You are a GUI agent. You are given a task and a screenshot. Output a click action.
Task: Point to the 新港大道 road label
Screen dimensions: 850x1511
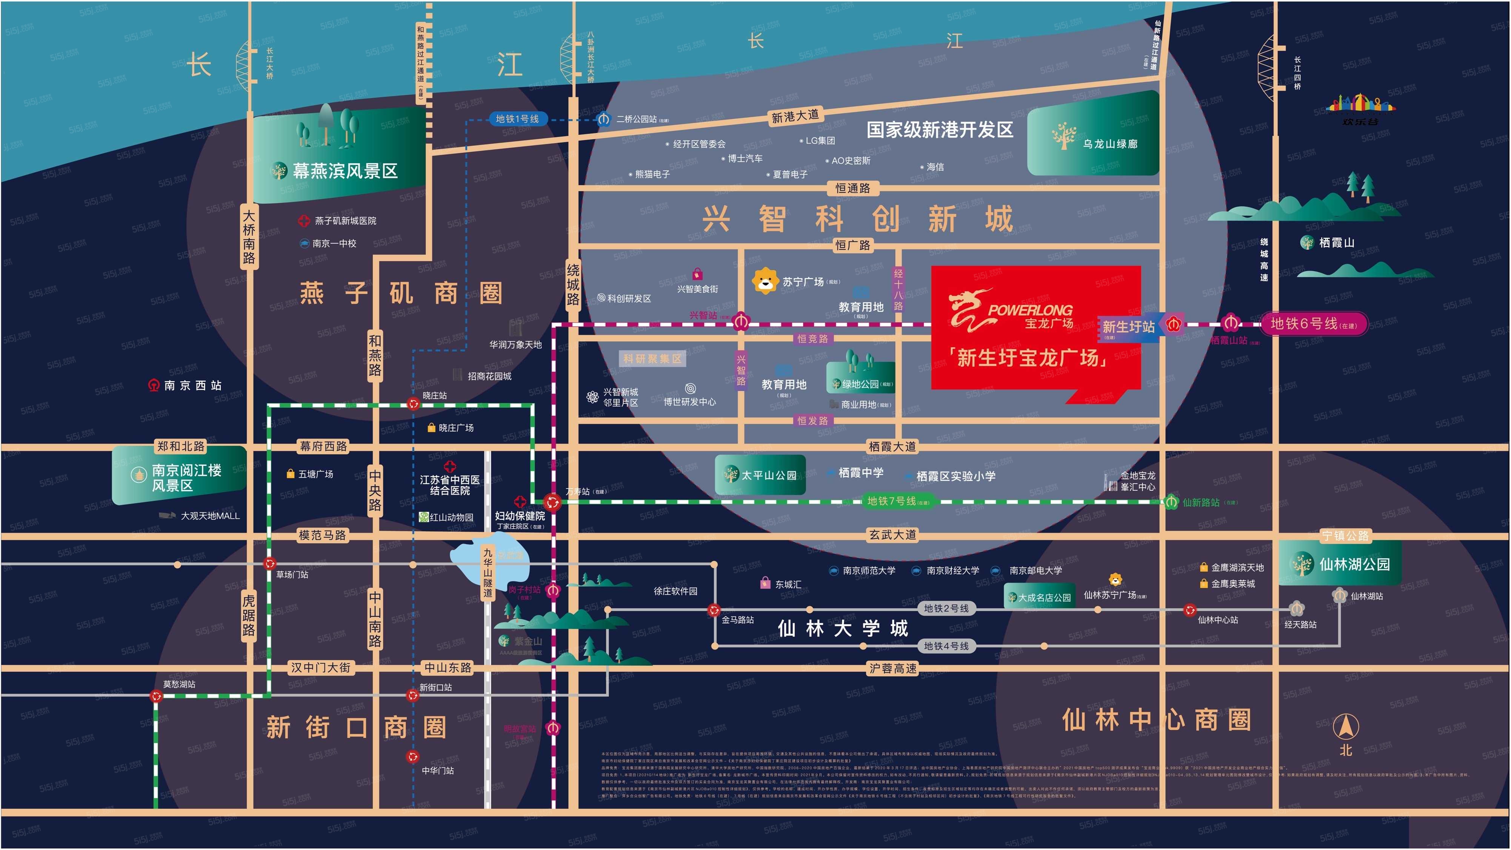(795, 116)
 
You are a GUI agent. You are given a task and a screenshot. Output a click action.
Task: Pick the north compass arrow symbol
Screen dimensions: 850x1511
(1346, 727)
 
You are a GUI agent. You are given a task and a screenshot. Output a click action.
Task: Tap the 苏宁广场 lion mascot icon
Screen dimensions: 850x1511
(765, 281)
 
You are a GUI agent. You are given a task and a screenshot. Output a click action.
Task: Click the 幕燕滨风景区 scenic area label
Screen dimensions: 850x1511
(345, 171)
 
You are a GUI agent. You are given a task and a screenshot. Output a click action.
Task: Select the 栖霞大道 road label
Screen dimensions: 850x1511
(892, 447)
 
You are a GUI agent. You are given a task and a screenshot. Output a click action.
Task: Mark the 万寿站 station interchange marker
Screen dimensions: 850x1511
(552, 502)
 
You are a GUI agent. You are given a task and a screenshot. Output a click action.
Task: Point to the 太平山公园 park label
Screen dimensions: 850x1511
(768, 475)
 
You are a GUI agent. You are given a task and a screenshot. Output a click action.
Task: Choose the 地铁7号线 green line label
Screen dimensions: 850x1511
(892, 501)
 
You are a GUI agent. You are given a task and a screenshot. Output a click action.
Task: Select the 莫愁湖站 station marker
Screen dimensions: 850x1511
(156, 696)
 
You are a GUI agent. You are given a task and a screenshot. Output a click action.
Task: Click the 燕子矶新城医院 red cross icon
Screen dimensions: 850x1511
(304, 221)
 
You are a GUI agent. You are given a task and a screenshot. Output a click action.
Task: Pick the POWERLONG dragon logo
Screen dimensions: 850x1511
(968, 309)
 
